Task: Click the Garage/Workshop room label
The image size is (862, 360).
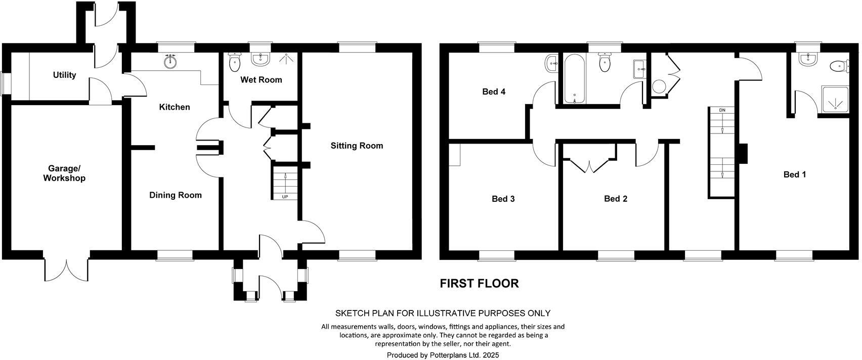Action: click(64, 173)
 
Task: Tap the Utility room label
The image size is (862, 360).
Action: click(64, 75)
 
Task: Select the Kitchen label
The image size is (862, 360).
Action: click(175, 107)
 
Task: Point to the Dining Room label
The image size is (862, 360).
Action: click(175, 195)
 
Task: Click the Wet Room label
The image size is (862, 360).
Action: click(261, 79)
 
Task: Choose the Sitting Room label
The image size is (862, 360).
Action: click(357, 146)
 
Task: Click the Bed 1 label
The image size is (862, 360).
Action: click(794, 174)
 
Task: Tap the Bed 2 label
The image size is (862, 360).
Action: click(616, 199)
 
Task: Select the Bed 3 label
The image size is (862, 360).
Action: click(503, 199)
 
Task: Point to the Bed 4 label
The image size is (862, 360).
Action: click(494, 92)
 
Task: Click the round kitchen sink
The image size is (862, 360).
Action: click(171, 62)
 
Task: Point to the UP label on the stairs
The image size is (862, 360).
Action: click(285, 197)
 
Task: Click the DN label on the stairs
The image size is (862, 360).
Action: click(722, 110)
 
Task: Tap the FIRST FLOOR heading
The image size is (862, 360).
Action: click(479, 283)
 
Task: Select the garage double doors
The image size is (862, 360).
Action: click(66, 267)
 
